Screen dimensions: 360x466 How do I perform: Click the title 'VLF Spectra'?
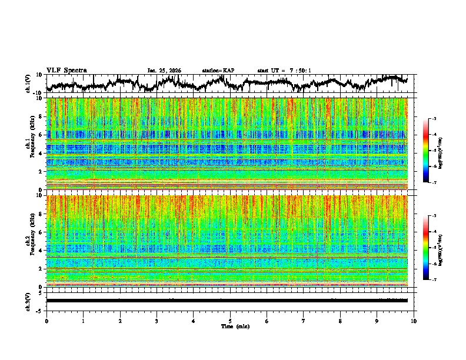tap(66, 70)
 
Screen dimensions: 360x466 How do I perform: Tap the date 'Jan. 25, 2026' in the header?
tap(164, 71)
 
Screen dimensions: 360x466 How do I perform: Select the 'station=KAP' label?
tap(218, 71)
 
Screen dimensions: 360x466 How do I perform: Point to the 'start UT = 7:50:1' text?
tap(284, 71)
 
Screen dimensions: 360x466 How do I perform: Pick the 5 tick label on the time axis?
tap(230, 321)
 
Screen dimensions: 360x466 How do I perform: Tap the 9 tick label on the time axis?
tap(377, 321)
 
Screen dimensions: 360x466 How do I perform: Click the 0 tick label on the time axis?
tap(46, 321)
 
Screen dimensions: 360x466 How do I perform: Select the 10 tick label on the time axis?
tap(414, 321)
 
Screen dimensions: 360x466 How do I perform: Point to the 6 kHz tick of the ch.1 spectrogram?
tap(40, 135)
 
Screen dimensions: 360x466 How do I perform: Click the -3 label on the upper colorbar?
tap(434, 119)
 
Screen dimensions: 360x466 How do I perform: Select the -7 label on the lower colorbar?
tap(434, 280)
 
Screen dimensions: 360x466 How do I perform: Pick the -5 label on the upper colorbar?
tap(434, 151)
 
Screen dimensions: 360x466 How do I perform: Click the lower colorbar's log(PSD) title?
tap(441, 248)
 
